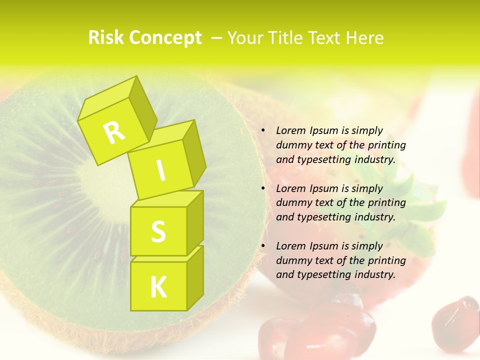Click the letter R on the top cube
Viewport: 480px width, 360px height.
(114, 132)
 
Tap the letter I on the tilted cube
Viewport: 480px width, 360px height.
(161, 171)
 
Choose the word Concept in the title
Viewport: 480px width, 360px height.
(165, 38)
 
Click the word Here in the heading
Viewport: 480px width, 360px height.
(364, 38)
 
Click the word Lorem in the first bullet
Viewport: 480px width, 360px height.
(290, 130)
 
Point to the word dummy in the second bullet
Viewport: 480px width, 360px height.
(292, 202)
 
